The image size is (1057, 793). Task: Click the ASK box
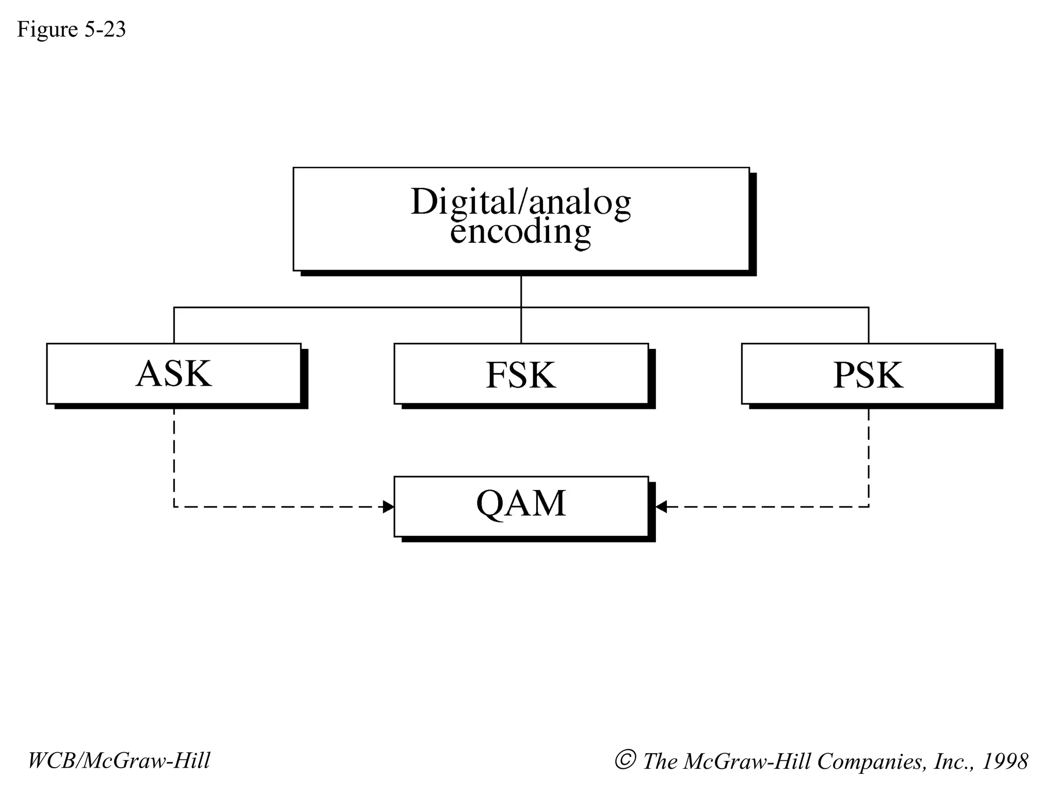174,374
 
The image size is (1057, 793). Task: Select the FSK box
521,374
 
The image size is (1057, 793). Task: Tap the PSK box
868,374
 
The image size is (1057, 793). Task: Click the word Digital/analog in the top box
521,201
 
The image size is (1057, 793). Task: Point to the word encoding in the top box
520,232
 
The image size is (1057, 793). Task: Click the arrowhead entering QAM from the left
388,507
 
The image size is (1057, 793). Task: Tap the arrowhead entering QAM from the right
661,507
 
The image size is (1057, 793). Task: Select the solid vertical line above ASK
174,325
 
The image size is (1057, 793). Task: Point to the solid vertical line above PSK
869,325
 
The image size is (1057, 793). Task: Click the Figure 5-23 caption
71,29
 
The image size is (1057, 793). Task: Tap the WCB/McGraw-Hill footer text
119,761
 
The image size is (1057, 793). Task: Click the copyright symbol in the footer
624,760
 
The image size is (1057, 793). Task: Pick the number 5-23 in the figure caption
105,29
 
